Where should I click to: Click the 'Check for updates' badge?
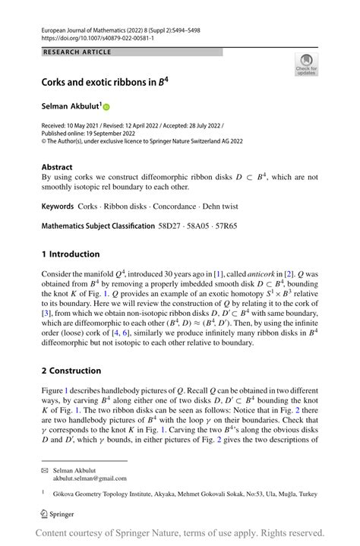coord(306,64)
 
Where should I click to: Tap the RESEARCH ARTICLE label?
coord(77,52)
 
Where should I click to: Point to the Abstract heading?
coord(58,167)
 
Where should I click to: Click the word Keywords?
coord(62,207)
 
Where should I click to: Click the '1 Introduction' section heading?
coord(71,254)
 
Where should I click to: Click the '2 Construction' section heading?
coord(71,371)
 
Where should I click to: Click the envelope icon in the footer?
coord(45,469)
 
